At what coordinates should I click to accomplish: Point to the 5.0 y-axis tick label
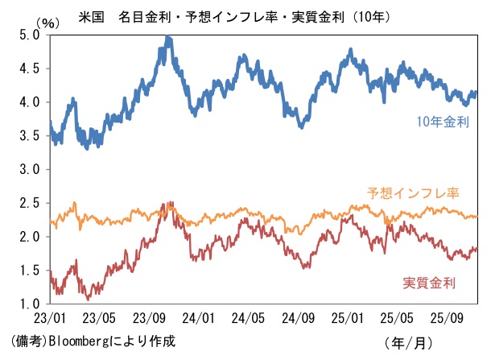click(x=30, y=35)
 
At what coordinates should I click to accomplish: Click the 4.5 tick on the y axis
click(x=30, y=68)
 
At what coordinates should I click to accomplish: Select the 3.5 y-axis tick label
click(x=30, y=136)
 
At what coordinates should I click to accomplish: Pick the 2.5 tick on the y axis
click(x=30, y=203)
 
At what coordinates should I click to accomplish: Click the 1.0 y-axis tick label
click(x=30, y=304)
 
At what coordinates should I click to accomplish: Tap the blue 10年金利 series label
click(x=443, y=122)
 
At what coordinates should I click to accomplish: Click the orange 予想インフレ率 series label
click(x=412, y=193)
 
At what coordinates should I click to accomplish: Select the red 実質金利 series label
click(x=429, y=283)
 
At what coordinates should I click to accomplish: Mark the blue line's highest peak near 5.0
click(x=167, y=37)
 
